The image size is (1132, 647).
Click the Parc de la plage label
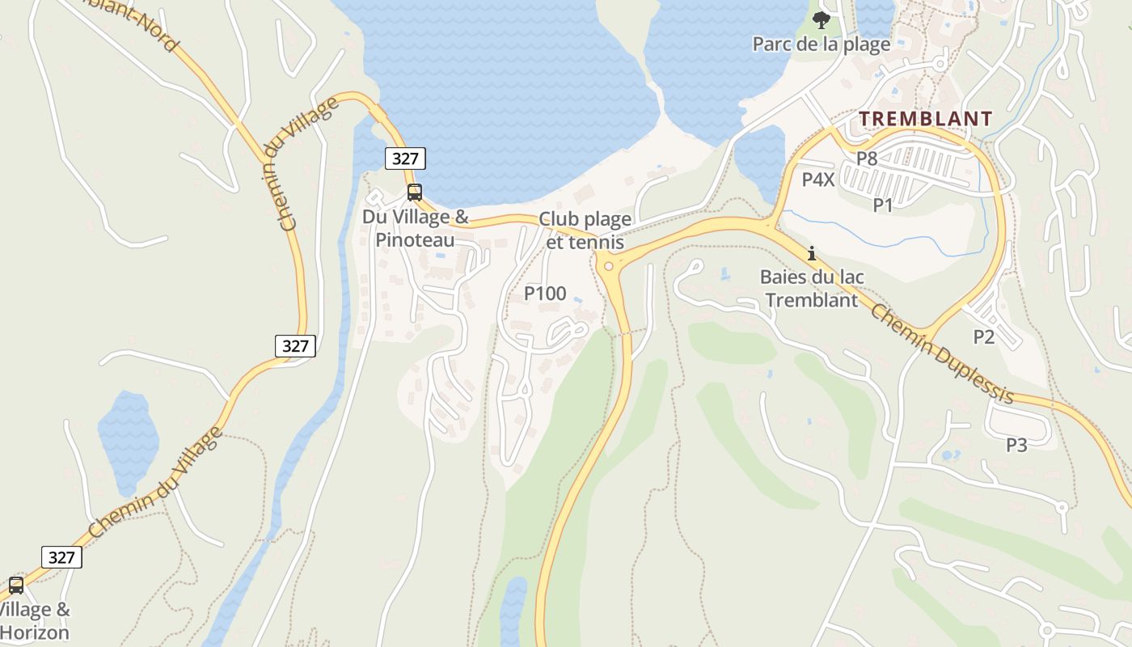click(x=822, y=44)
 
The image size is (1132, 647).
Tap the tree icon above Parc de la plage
click(x=822, y=19)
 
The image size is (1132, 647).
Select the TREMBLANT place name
click(x=925, y=119)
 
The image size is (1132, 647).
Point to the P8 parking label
click(x=867, y=159)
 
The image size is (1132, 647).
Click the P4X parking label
click(x=817, y=180)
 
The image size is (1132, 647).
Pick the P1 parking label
click(x=883, y=205)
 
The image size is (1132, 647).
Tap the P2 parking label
click(x=983, y=337)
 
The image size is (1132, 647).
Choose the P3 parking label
click(x=1016, y=445)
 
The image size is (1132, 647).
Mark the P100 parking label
click(x=545, y=294)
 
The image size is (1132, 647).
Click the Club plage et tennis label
click(x=585, y=230)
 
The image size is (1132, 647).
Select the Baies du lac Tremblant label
click(x=812, y=288)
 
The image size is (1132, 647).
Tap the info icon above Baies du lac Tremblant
click(x=812, y=253)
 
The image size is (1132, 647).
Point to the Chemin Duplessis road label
click(x=942, y=354)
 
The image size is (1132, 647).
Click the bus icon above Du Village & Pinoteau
click(x=415, y=192)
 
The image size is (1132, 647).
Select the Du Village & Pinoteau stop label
click(x=415, y=228)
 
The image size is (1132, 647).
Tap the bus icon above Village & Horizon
click(x=16, y=586)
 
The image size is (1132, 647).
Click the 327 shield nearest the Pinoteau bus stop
click(x=405, y=159)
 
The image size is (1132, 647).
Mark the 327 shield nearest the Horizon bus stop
click(x=61, y=557)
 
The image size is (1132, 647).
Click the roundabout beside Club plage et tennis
click(x=608, y=264)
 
